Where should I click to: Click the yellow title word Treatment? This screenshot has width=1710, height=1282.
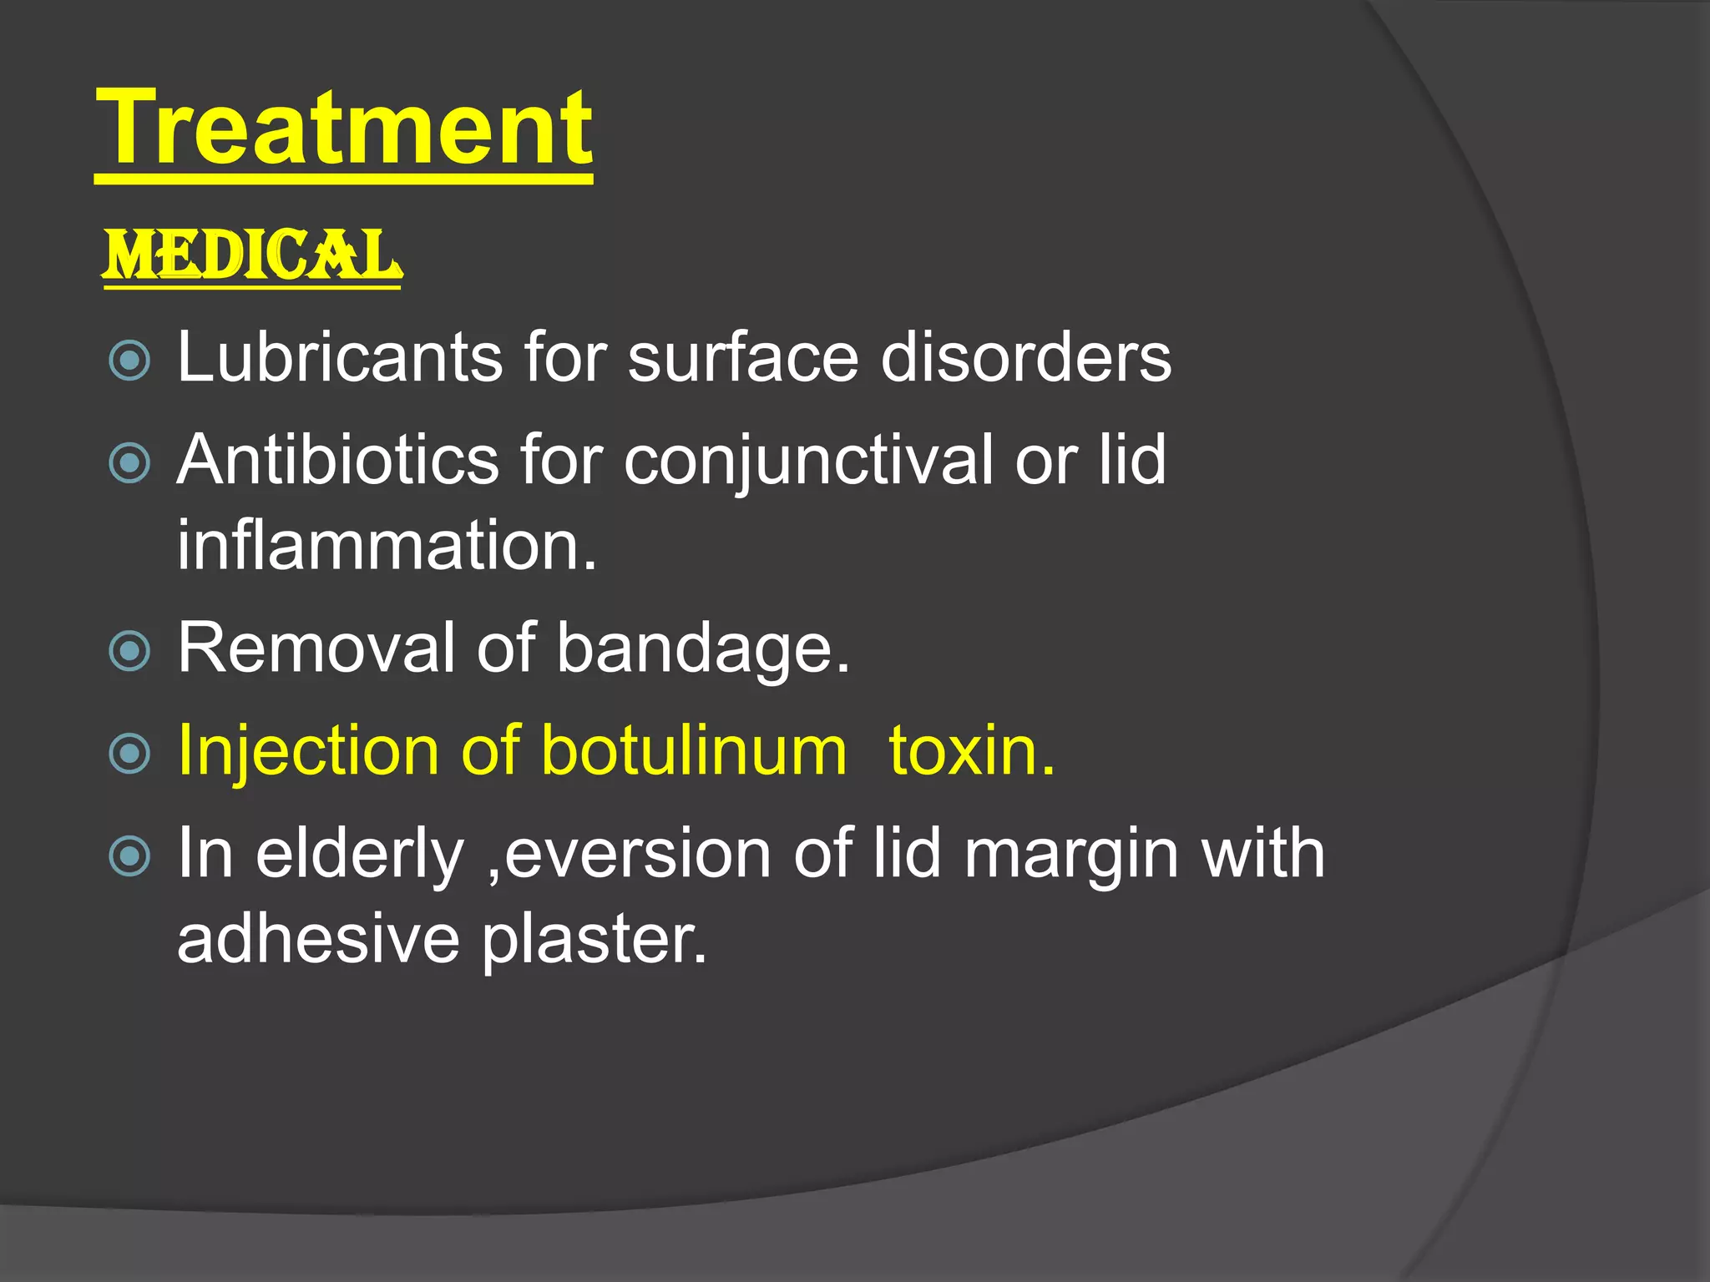[x=344, y=129]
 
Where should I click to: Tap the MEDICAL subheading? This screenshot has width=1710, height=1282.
[x=252, y=255]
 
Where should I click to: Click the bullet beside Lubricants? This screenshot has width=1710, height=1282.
[x=129, y=361]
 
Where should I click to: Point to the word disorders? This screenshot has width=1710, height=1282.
[x=1026, y=357]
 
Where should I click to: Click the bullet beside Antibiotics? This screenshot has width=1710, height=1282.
[x=129, y=463]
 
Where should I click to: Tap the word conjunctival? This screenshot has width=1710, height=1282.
[x=808, y=462]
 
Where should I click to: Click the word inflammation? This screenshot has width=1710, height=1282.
[x=386, y=545]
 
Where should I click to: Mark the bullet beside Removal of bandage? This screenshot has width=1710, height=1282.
[x=129, y=651]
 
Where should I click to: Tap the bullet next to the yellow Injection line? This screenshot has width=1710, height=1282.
[x=129, y=754]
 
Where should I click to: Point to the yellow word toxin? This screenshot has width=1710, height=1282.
[x=971, y=750]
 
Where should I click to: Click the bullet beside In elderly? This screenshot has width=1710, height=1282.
[x=129, y=856]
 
